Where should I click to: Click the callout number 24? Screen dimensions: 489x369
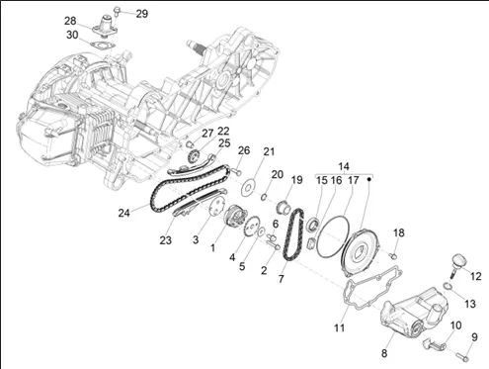click(123, 213)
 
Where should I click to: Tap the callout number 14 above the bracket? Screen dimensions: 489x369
click(344, 166)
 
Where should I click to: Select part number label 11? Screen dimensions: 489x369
click(340, 327)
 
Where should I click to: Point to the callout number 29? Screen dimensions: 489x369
click(142, 14)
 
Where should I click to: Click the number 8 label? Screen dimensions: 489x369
click(384, 353)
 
